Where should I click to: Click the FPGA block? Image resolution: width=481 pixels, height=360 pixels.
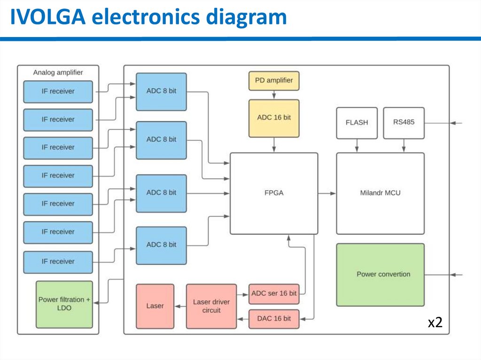pyautogui.click(x=273, y=193)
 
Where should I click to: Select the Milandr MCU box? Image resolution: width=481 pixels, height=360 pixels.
pyautogui.click(x=380, y=193)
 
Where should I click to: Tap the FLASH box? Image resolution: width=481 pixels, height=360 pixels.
pyautogui.click(x=357, y=123)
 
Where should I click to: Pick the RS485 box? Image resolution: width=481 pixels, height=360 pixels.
pyautogui.click(x=403, y=123)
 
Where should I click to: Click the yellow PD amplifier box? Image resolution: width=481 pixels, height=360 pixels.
pyautogui.click(x=273, y=80)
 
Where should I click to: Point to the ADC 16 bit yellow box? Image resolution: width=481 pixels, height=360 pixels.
pyautogui.click(x=273, y=118)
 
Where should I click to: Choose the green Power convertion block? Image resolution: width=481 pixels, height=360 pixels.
pyautogui.click(x=380, y=275)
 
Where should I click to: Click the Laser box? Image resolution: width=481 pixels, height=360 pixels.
pyautogui.click(x=155, y=306)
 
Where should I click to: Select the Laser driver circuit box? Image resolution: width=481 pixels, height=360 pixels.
pyautogui.click(x=211, y=306)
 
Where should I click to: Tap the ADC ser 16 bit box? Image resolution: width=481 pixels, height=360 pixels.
pyautogui.click(x=273, y=294)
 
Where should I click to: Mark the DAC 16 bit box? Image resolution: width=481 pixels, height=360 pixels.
pyautogui.click(x=273, y=319)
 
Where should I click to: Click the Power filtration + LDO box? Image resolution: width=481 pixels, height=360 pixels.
pyautogui.click(x=64, y=304)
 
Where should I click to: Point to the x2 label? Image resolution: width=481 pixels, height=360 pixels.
pyautogui.click(x=435, y=322)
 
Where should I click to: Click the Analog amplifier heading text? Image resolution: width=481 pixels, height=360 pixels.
pyautogui.click(x=58, y=73)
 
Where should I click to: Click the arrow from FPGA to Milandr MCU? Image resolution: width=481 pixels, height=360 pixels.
pyautogui.click(x=327, y=193)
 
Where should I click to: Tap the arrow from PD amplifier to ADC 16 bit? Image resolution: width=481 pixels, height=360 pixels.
pyautogui.click(x=273, y=95)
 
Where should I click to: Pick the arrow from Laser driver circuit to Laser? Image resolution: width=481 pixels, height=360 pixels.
pyautogui.click(x=180, y=306)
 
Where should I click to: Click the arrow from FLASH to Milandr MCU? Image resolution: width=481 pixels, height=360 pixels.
pyautogui.click(x=357, y=146)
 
